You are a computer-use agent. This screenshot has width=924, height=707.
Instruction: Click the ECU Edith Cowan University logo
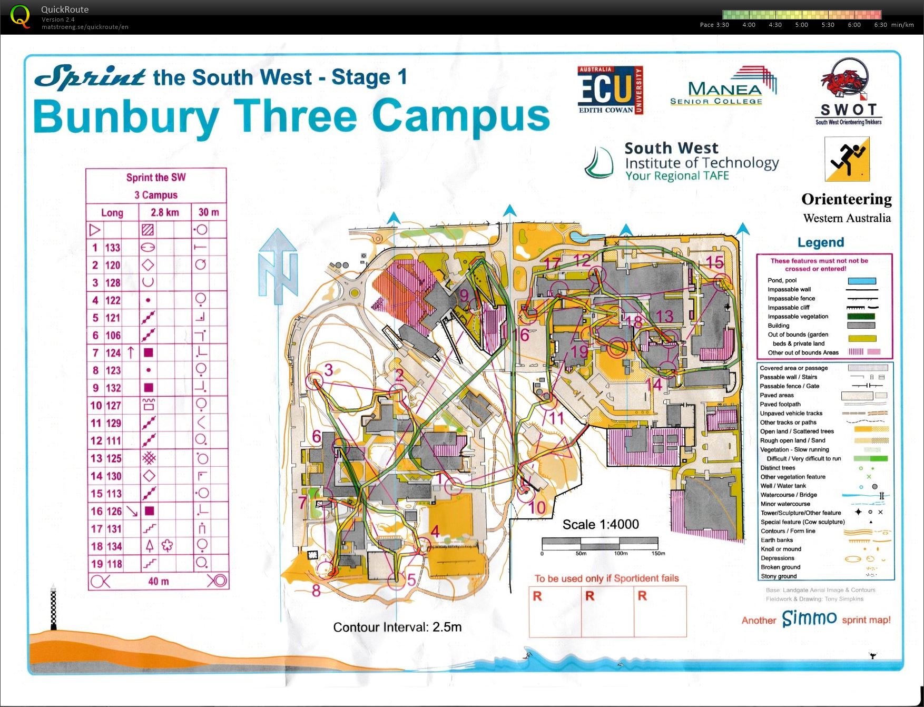[x=610, y=90]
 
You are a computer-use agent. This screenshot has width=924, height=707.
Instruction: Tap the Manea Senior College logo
[x=723, y=87]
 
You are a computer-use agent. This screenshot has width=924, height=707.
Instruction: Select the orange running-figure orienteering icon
[x=847, y=159]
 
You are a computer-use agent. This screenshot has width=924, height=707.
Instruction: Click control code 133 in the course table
[x=113, y=248]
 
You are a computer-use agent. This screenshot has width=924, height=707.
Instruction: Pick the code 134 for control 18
[x=113, y=546]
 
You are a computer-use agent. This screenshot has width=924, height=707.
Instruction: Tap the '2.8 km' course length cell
[x=164, y=212]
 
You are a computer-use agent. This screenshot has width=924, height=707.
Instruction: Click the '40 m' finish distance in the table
[x=158, y=581]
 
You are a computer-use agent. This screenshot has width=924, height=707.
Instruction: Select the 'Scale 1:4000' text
[x=601, y=524]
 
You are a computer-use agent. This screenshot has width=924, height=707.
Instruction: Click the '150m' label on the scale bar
[x=658, y=553]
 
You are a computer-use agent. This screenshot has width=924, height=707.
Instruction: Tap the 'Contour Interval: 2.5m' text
[x=397, y=627]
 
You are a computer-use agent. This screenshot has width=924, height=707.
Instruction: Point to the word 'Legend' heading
[x=820, y=242]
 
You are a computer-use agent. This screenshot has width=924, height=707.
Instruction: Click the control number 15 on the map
[x=714, y=262]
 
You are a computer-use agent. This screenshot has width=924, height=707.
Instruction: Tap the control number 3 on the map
[x=329, y=370]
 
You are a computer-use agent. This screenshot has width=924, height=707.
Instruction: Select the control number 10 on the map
[x=537, y=507]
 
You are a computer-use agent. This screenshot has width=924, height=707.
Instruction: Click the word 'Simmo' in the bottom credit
[x=809, y=618]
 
